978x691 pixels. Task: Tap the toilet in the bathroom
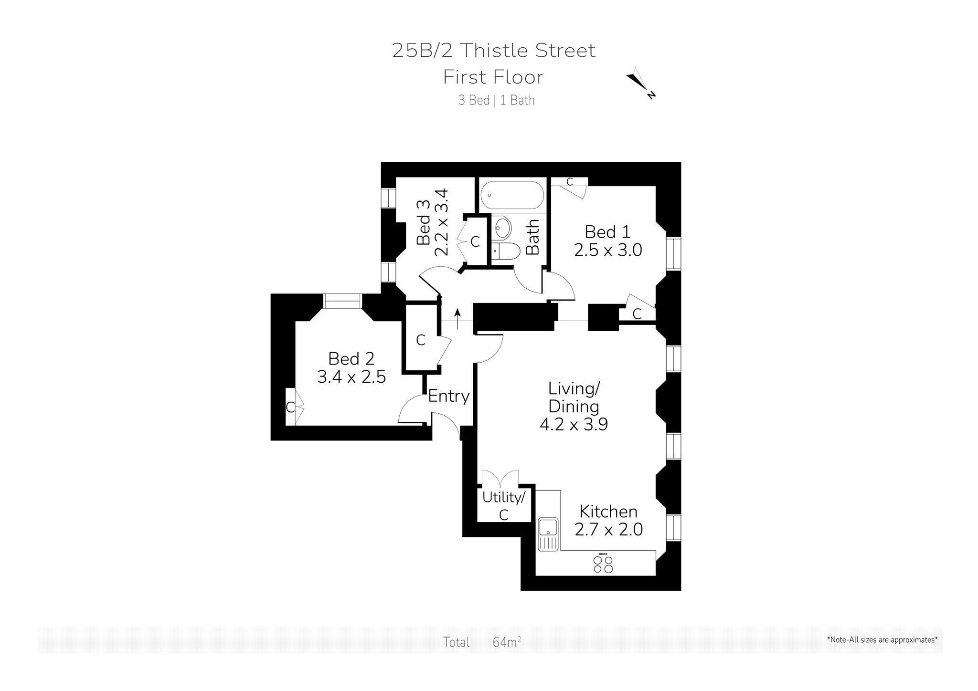[x=506, y=251]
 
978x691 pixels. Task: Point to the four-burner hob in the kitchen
[x=603, y=563]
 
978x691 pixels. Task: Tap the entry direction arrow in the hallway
[x=457, y=319]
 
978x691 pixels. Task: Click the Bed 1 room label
[x=607, y=232]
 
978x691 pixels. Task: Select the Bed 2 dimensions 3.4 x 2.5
[x=351, y=377]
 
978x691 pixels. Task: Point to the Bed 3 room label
[x=424, y=223]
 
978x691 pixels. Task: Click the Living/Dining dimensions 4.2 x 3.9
[x=574, y=424]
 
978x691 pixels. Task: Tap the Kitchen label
[x=608, y=512]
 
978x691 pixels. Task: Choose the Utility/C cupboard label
[x=504, y=506]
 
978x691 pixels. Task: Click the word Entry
[x=449, y=396]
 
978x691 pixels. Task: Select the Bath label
[x=532, y=237]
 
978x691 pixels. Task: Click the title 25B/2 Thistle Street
[x=494, y=50]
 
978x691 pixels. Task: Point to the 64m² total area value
[x=507, y=642]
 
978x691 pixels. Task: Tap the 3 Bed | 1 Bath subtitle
[x=497, y=100]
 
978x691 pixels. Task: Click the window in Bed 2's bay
[x=342, y=301]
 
